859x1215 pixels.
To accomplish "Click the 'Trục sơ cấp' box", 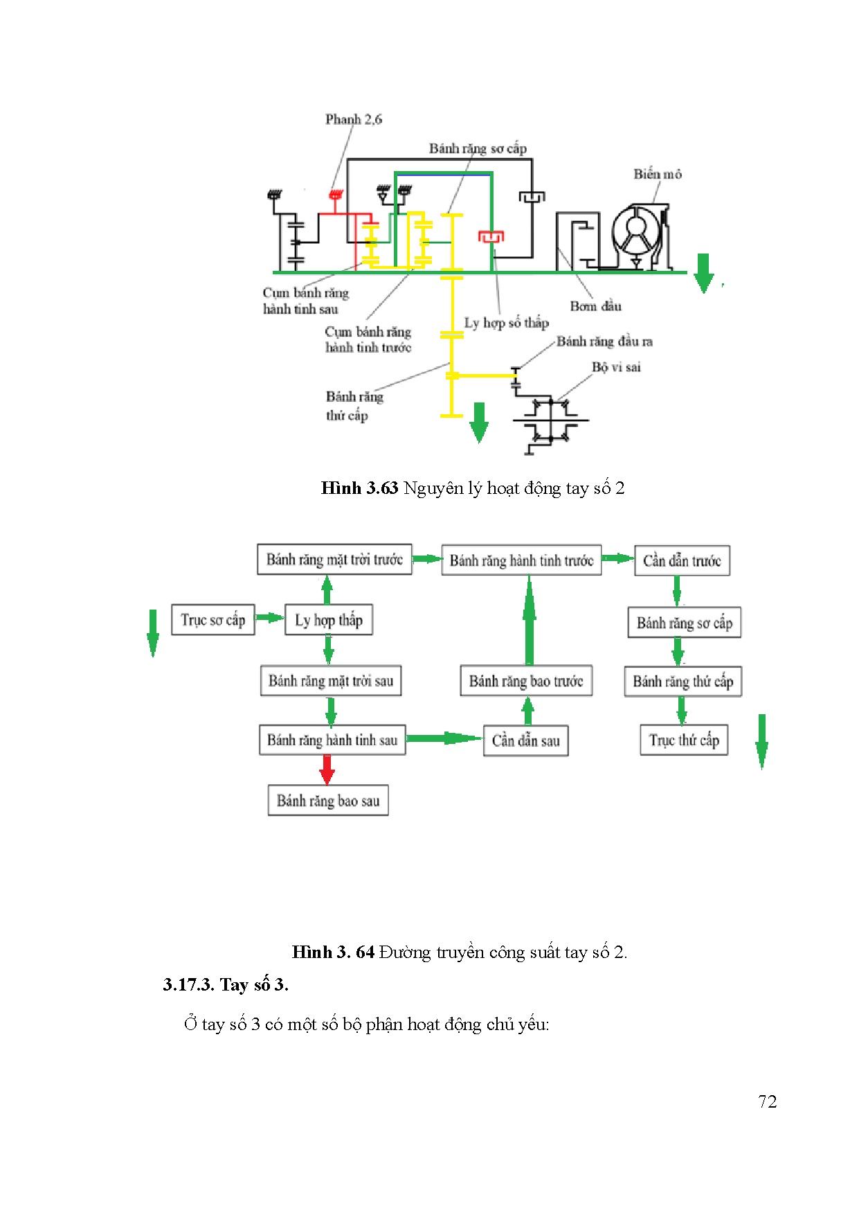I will coord(213,620).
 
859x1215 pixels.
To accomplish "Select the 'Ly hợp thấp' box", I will coord(329,620).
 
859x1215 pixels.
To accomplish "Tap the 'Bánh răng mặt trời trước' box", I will coord(334,560).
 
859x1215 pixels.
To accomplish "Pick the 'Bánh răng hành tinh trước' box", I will coord(521,560).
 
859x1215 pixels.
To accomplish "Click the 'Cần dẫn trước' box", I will coord(682,560).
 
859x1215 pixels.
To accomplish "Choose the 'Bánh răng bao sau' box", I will coord(328,801).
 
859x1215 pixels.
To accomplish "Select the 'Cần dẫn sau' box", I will coord(525,740).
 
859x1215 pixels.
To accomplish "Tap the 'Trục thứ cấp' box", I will coord(684,740).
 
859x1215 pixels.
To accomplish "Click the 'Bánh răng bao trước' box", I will coord(526,681).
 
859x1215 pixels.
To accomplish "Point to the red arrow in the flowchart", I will coord(327,769).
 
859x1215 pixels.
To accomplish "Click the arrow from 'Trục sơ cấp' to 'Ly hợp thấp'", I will coord(270,617).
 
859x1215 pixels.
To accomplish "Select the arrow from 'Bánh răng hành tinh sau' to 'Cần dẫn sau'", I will coord(444,738).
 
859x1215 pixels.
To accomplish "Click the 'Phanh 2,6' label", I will coord(353,119).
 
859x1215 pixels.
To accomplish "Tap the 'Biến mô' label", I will coord(657,175).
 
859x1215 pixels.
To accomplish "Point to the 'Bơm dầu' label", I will coord(595,306).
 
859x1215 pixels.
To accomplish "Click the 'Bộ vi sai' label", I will coord(616,367).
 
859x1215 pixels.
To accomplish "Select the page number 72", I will coord(767,1102).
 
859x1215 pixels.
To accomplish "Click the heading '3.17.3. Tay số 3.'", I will coord(226,984).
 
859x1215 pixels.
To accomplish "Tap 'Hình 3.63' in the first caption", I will coord(359,488).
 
